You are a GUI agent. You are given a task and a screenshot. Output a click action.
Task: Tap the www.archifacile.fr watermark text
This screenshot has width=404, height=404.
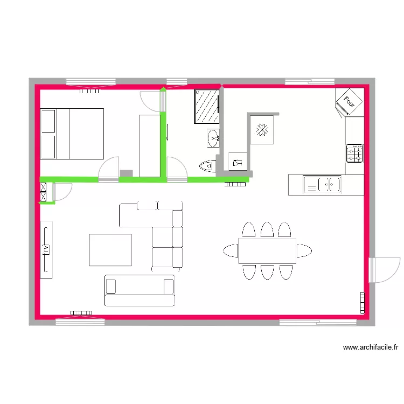(x=371, y=348)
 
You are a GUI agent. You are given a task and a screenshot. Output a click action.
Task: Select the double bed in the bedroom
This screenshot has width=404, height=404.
(x=72, y=134)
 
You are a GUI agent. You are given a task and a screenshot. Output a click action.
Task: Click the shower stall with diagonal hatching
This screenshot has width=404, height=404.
(x=206, y=107)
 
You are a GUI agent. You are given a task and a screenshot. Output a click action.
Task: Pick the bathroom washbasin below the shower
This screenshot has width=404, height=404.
(x=213, y=138)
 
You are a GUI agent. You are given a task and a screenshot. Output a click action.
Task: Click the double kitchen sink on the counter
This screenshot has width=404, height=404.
(x=322, y=184)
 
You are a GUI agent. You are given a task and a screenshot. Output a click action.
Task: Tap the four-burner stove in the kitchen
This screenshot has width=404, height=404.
(x=354, y=154)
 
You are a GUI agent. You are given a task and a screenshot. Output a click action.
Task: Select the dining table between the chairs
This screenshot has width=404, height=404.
(x=268, y=250)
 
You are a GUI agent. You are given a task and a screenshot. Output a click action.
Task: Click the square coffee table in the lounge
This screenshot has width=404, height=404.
(x=110, y=249)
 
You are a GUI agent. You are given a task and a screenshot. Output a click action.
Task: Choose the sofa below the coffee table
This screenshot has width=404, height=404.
(x=140, y=290)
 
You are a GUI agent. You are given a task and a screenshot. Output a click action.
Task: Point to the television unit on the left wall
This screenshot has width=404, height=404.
(x=46, y=249)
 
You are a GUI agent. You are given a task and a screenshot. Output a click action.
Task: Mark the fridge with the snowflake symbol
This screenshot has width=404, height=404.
(x=262, y=130)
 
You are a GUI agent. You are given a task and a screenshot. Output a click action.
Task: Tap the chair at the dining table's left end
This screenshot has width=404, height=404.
(x=231, y=250)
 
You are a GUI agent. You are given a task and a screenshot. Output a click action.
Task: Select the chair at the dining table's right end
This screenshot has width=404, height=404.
(x=304, y=250)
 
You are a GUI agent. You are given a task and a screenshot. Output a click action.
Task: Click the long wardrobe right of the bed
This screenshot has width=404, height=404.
(x=149, y=145)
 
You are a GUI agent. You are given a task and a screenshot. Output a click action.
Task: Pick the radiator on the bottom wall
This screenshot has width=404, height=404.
(x=81, y=312)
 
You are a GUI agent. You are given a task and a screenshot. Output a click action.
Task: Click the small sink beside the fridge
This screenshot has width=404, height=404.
(x=237, y=161)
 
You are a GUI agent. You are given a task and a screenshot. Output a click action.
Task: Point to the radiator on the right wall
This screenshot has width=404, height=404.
(x=363, y=302)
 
